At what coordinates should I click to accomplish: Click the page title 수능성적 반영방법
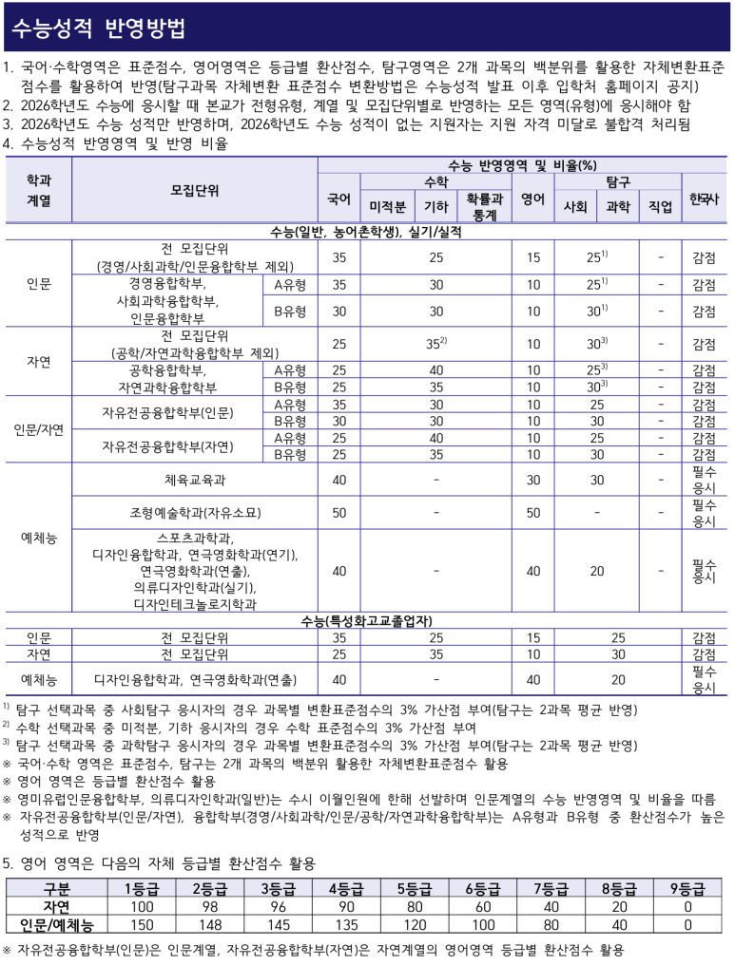99,28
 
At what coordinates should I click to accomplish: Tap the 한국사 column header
704,198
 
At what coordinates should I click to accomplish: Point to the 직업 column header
660,206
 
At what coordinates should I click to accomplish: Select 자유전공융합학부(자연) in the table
167,445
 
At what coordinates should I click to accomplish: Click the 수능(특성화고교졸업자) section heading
366,620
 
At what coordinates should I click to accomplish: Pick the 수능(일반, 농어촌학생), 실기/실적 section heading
366,231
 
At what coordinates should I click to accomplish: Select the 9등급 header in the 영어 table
687,889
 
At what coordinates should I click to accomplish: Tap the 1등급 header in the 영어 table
141,889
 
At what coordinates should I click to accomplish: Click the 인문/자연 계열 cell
38,428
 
